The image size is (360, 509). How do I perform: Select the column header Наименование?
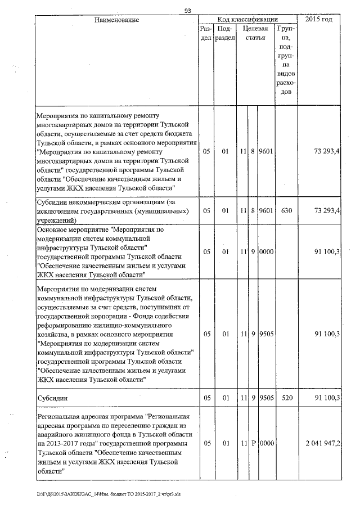(116, 20)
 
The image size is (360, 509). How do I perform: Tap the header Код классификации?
(247, 19)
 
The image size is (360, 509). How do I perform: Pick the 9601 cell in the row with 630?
(265, 211)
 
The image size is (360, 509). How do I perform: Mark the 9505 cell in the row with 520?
(265, 398)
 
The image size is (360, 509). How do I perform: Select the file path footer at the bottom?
(90, 494)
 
